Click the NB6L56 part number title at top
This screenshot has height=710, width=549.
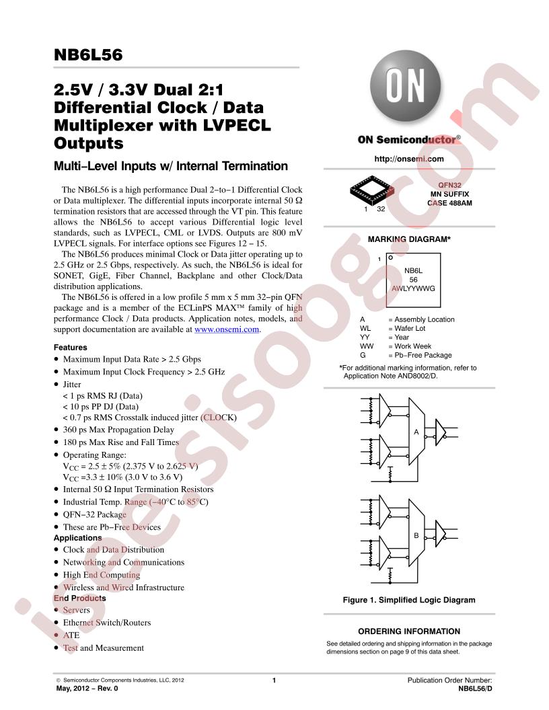tap(88, 54)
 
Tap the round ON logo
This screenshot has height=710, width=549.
tap(406, 86)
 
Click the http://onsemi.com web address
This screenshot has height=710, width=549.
tap(409, 159)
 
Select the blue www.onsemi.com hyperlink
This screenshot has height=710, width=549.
tap(227, 329)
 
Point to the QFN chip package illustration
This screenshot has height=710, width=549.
tap(371, 191)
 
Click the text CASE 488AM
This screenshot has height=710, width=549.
tap(449, 203)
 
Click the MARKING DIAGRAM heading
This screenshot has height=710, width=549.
tap(409, 239)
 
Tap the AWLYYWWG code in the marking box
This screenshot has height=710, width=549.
tap(413, 288)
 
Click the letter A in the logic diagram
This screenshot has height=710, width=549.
tap(416, 432)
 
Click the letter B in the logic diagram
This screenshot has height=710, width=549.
tap(416, 535)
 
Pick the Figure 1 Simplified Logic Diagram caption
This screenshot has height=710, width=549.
tap(409, 600)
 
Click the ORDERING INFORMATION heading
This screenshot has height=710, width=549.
tap(409, 631)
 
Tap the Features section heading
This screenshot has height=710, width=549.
tap(70, 348)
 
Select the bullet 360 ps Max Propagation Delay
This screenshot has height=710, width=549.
tap(118, 430)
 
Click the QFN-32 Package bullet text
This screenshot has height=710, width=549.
tap(95, 515)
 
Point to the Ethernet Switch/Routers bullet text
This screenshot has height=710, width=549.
tap(107, 623)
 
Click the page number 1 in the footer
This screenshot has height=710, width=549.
tap(274, 680)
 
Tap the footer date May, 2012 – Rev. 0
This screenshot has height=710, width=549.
tap(87, 688)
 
